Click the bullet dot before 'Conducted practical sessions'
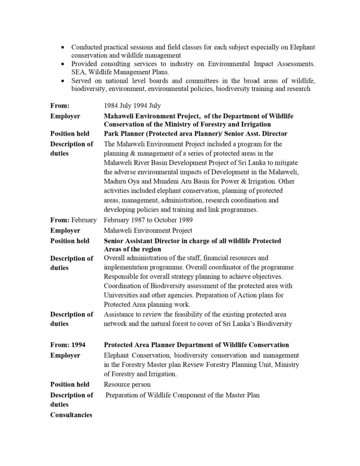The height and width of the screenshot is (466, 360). click(x=62, y=48)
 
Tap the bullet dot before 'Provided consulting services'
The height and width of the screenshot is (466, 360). click(x=62, y=64)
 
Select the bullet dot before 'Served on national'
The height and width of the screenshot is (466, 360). click(x=62, y=81)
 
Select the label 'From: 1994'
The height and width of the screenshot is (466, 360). click(x=67, y=345)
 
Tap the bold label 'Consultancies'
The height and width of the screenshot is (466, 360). click(x=71, y=415)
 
